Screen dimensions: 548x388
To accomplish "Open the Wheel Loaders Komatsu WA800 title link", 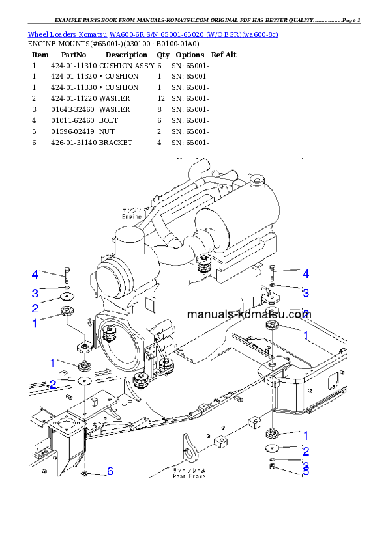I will tap(153, 34).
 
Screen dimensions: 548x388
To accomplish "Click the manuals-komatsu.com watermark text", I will tap(248, 314).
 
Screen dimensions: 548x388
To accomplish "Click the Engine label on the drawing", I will tap(132, 213).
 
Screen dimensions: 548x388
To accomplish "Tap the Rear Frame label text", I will tap(188, 473).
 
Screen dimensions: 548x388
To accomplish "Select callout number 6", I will tap(110, 471).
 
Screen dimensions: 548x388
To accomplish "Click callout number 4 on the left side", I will tap(35, 274).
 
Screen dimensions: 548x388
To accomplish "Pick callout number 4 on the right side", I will tap(305, 274).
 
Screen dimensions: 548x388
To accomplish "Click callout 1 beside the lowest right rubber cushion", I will tap(305, 435).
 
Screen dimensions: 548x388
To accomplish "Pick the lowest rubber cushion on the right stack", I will tap(272, 433).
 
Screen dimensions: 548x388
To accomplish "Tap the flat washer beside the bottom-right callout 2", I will tap(272, 449).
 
